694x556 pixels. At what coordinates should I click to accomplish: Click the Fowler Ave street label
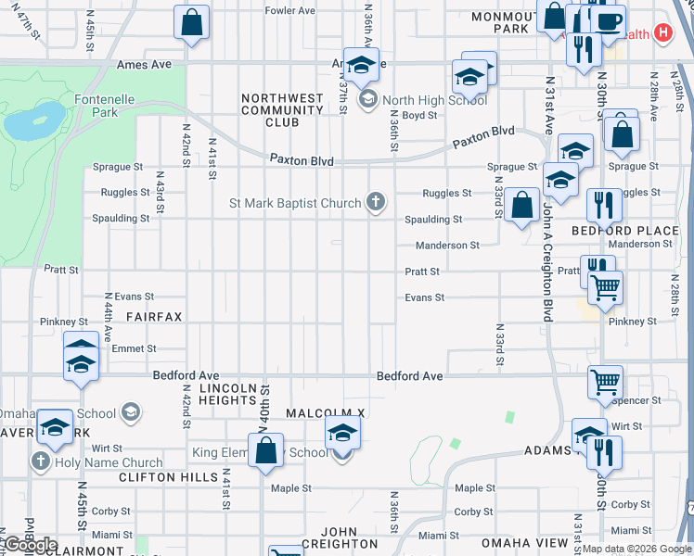[292, 10]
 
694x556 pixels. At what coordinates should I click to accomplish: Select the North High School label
[422, 100]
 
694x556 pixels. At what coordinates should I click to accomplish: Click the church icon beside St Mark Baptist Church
[376, 203]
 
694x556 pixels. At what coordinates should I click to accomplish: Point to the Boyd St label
[419, 116]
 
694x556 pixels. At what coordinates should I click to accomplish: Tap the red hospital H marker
[662, 33]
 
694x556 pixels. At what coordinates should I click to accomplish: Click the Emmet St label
[133, 348]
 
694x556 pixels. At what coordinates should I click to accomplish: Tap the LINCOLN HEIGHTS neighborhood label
[214, 394]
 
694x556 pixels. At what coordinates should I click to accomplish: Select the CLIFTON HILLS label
[168, 477]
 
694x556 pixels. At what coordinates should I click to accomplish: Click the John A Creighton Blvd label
[547, 264]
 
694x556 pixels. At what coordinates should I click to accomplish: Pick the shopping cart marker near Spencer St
[605, 381]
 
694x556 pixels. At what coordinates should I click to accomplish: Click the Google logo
[31, 545]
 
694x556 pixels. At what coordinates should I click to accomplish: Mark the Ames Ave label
[145, 65]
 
